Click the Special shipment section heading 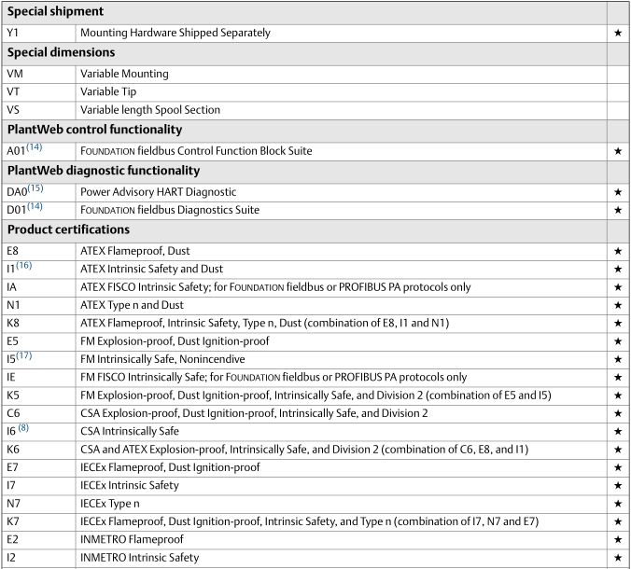[x=55, y=12]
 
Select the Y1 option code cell [x=13, y=33]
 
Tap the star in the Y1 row [x=618, y=33]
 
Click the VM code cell [x=16, y=74]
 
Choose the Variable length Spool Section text [x=150, y=110]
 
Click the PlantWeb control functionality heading [x=94, y=130]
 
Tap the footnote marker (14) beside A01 [x=35, y=147]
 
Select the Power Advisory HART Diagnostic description [x=158, y=192]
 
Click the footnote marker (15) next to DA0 [x=35, y=188]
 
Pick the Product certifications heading [x=68, y=229]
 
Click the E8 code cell [x=13, y=252]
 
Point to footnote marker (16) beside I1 [x=24, y=266]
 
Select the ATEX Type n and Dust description [x=145, y=305]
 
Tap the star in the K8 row [x=618, y=324]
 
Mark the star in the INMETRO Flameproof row [x=618, y=540]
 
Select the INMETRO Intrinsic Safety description [x=139, y=558]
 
